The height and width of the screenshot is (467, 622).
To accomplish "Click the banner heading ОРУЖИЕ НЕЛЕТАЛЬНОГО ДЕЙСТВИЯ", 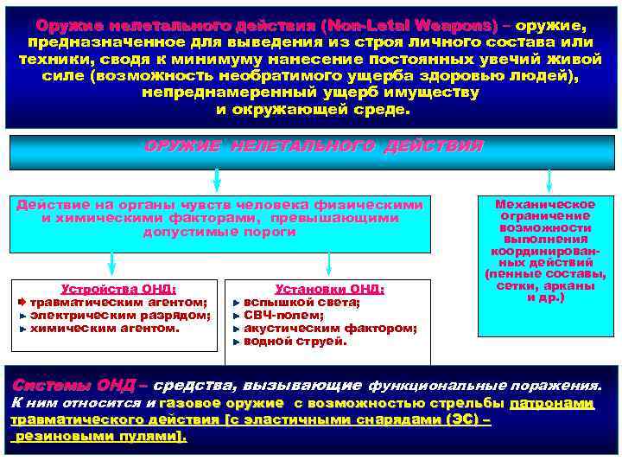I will (x=313, y=147).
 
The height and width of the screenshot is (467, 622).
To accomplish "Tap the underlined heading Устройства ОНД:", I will (x=118, y=290).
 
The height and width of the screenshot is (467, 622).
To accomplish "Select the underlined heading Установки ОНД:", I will (x=329, y=290).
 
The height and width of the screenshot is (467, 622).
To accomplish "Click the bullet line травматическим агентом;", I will (x=119, y=303).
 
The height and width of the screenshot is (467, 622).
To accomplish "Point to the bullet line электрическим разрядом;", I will (x=120, y=316).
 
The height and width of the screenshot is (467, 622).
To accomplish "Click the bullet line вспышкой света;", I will (x=301, y=303).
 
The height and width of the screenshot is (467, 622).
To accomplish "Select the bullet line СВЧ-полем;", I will (x=284, y=316).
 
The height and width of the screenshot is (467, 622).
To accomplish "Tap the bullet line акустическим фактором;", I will (x=330, y=329).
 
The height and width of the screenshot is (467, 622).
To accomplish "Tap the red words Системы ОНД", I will (x=73, y=385).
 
